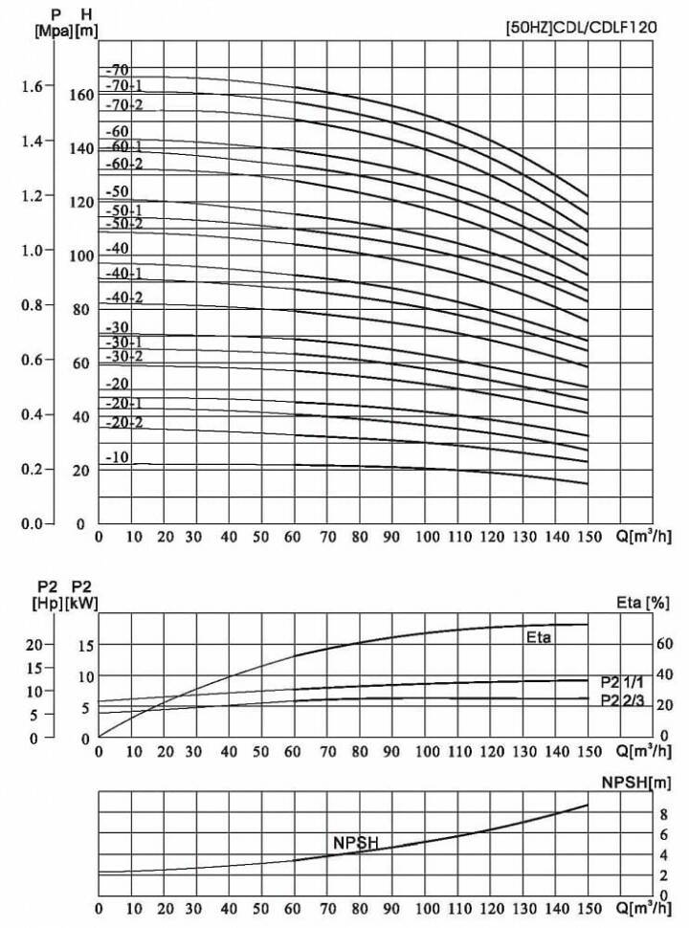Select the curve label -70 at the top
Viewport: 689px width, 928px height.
pyautogui.click(x=118, y=70)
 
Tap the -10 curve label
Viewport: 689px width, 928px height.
pyautogui.click(x=118, y=457)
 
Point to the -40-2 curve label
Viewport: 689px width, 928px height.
pyautogui.click(x=125, y=298)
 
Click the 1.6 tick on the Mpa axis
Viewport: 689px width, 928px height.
pyautogui.click(x=31, y=86)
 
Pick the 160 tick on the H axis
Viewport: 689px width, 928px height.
pyautogui.click(x=81, y=95)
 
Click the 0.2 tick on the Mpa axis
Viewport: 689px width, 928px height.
pyautogui.click(x=31, y=469)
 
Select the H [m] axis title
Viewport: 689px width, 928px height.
pyautogui.click(x=87, y=22)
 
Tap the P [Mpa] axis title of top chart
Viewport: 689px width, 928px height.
pyautogui.click(x=49, y=22)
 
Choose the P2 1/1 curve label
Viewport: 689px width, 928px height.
pyautogui.click(x=621, y=681)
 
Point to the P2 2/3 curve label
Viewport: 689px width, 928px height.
pyautogui.click(x=621, y=700)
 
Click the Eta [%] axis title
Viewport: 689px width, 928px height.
pyautogui.click(x=643, y=603)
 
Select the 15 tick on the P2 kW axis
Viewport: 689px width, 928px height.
pyautogui.click(x=85, y=645)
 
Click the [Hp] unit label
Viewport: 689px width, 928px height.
pyautogui.click(x=47, y=603)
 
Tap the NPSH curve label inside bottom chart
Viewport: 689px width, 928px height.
pyautogui.click(x=356, y=842)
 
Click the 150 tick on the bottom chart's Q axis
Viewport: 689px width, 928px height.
pyautogui.click(x=588, y=907)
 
